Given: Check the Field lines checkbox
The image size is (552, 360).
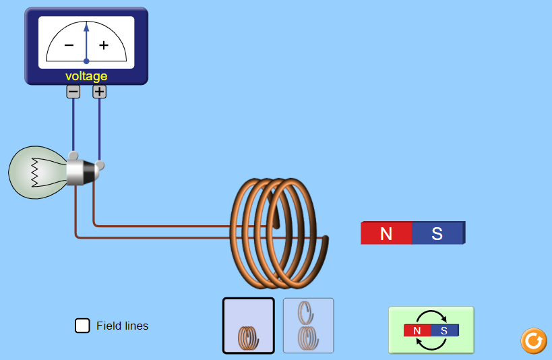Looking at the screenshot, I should (x=82, y=326).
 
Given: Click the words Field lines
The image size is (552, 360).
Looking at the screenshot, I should (x=122, y=326).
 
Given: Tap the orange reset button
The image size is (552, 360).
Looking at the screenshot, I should (x=533, y=340).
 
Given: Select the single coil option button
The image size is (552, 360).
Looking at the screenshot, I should (x=249, y=326).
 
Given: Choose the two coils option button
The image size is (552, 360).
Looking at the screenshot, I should (x=308, y=326).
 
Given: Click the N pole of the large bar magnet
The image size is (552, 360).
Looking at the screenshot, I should (x=386, y=233).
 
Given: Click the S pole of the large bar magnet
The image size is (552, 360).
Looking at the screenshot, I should (x=437, y=233).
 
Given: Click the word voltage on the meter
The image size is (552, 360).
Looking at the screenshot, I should (x=86, y=76).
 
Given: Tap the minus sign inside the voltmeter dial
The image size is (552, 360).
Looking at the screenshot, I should (x=69, y=45).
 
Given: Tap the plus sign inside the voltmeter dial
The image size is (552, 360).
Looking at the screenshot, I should (x=104, y=45).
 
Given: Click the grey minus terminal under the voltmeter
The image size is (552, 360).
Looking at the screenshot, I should (x=73, y=92).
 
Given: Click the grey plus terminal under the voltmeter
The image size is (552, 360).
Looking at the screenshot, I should (x=99, y=92).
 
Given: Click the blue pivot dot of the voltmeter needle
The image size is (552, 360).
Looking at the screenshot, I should (x=86, y=61).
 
